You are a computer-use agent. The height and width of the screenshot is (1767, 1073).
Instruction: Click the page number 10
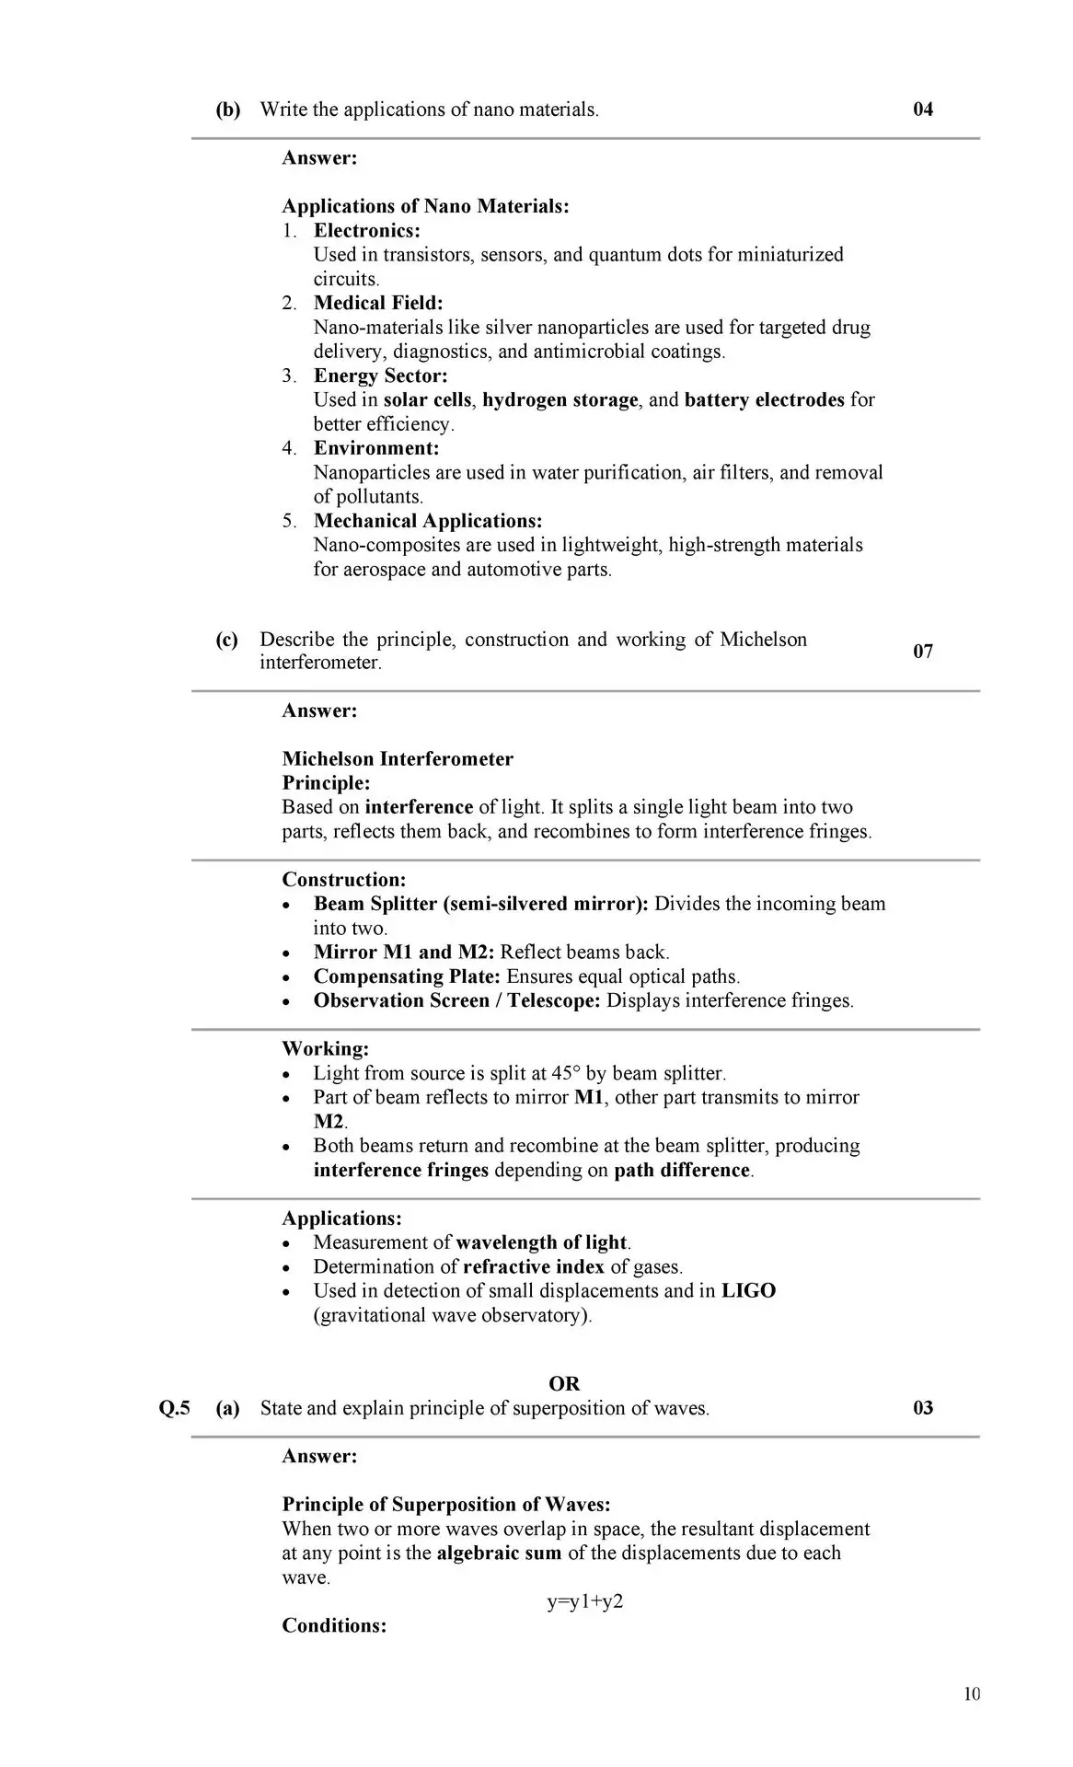972,1694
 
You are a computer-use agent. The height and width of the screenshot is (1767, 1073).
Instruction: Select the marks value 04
922,110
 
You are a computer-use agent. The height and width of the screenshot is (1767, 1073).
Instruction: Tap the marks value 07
922,652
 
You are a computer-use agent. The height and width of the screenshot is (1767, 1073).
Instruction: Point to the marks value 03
922,1408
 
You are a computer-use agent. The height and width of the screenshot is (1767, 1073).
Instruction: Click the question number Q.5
174,1408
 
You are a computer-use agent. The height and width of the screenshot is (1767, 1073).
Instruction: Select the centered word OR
564,1384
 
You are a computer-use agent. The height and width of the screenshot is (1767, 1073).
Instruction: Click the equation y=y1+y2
585,1601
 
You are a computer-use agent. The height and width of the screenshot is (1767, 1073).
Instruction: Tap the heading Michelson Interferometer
398,759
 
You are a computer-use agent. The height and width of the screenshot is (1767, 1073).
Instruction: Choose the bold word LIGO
748,1291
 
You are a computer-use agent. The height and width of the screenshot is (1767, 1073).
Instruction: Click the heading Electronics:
366,231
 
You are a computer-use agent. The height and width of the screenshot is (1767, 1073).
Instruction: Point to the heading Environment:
376,448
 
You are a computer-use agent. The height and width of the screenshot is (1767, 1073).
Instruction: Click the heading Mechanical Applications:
428,521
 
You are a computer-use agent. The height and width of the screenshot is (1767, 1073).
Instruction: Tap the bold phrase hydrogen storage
560,400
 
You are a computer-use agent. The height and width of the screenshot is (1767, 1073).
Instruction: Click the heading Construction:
343,880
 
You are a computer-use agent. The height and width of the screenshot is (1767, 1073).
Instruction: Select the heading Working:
325,1049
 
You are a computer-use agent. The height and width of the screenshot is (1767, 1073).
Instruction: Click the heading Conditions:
334,1625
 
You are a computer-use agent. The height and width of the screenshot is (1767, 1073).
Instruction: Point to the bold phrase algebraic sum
499,1553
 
